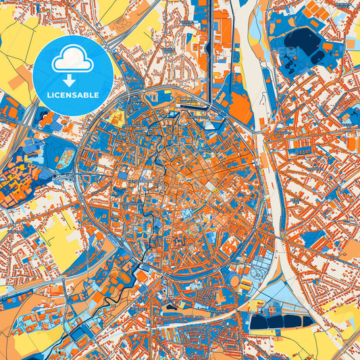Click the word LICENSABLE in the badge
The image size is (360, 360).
(x=73, y=95)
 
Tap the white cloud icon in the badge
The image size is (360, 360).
(x=73, y=61)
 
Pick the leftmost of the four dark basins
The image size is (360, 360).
(x=259, y=322)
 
